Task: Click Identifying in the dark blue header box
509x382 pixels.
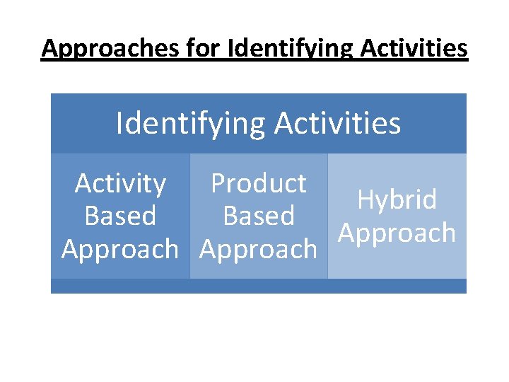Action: pos(191,124)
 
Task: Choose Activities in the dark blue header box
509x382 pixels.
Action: pos(338,124)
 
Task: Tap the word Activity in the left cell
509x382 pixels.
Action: pos(120,184)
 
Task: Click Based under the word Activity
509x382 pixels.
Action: pos(120,216)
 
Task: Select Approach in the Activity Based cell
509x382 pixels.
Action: pos(120,249)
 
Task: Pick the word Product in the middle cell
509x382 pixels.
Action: pos(259,184)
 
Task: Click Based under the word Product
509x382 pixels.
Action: pos(259,216)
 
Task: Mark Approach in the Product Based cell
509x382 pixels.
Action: pos(259,249)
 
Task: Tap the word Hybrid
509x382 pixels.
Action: pos(397,199)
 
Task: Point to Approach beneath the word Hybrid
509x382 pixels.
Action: pos(397,233)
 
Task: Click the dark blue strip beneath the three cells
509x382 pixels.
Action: pos(259,286)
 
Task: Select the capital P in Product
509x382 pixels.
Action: pos(218,184)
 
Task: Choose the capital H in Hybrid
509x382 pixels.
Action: pos(365,199)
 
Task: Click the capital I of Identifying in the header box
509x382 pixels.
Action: pos(119,124)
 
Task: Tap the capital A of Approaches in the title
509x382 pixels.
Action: pos(49,48)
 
